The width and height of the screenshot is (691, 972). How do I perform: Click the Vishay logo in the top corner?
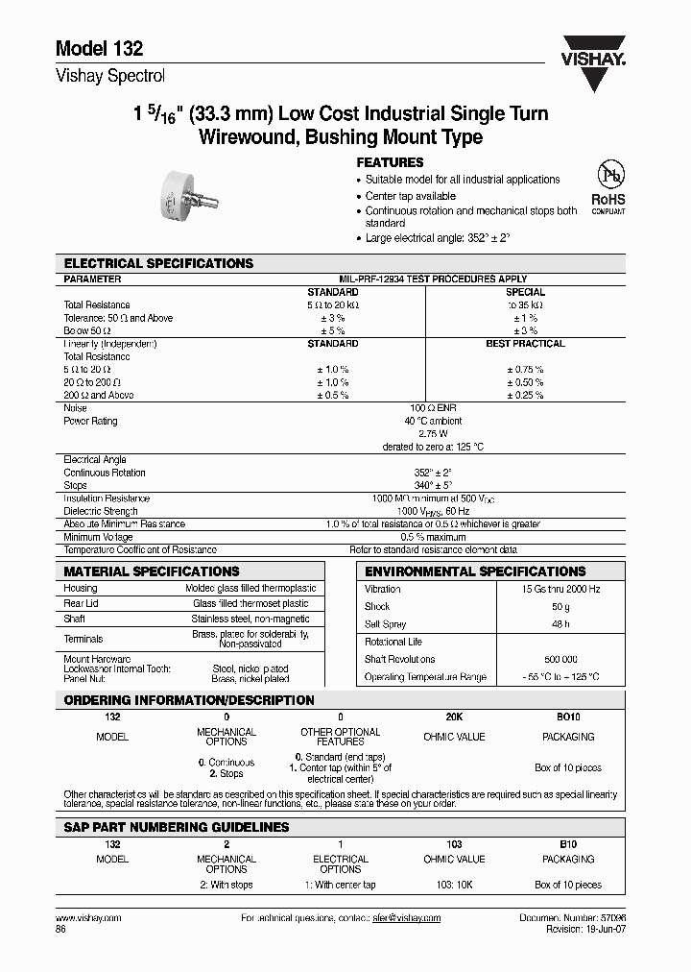click(x=592, y=47)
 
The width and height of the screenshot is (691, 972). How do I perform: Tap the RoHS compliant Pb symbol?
click(x=608, y=184)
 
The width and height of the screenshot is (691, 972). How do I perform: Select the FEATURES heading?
click(x=390, y=163)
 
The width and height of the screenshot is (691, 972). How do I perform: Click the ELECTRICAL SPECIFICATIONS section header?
click(x=158, y=263)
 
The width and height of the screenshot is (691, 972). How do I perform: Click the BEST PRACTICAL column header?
click(x=525, y=344)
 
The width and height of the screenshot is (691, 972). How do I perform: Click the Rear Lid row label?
click(x=82, y=603)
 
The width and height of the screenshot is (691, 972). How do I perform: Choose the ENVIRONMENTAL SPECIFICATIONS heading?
click(x=475, y=571)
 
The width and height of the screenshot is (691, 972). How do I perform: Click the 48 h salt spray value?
click(x=561, y=624)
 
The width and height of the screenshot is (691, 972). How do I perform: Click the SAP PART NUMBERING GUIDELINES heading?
click(x=176, y=827)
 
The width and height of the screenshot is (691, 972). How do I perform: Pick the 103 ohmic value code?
click(x=454, y=843)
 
